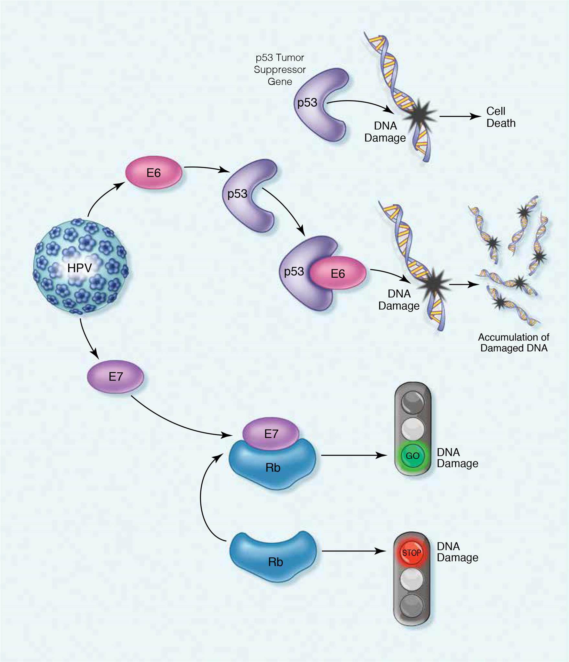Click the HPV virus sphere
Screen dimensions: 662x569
(x=81, y=267)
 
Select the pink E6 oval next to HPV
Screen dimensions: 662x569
(x=153, y=173)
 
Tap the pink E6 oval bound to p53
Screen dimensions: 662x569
(x=338, y=273)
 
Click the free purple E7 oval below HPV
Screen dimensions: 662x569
(x=116, y=377)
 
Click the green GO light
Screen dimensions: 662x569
(x=412, y=456)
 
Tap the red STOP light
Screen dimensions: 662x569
(x=412, y=553)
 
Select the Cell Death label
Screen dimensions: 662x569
(x=500, y=117)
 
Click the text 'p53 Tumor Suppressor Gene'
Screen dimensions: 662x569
(x=280, y=69)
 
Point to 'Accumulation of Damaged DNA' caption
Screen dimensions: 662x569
(x=514, y=343)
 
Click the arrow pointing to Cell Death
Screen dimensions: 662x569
(x=460, y=116)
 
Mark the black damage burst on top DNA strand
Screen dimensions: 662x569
(x=419, y=113)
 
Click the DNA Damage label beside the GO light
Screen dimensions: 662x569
(x=457, y=458)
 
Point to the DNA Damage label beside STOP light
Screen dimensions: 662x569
(x=457, y=552)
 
